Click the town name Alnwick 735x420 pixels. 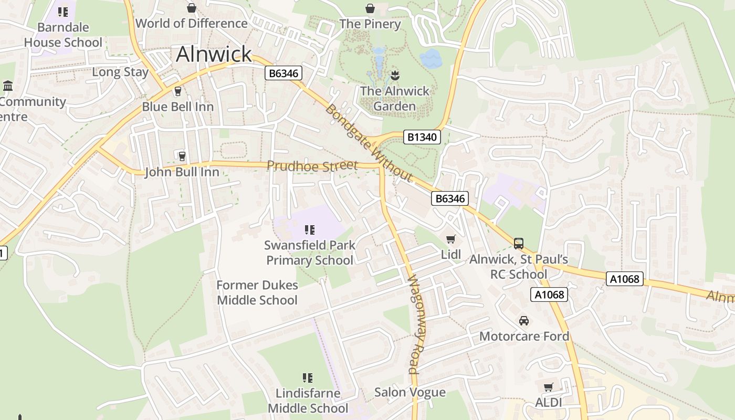214,54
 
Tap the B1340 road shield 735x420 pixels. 422,138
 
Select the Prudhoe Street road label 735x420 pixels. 312,165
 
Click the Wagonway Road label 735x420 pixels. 415,324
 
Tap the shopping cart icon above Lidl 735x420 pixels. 450,239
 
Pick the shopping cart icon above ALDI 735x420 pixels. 548,387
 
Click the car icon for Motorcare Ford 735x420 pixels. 523,321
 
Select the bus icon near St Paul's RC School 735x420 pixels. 518,244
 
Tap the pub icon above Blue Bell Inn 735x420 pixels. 177,91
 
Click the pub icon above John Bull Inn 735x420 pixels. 182,156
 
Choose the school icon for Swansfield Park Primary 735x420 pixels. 309,229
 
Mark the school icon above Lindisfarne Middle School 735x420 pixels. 308,377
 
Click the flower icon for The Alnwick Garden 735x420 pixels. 395,75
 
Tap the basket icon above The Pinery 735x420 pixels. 370,8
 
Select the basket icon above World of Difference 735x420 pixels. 192,8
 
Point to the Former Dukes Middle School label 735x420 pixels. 257,293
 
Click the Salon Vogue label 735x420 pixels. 410,392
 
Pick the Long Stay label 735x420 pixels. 120,72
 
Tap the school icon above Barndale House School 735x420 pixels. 63,12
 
